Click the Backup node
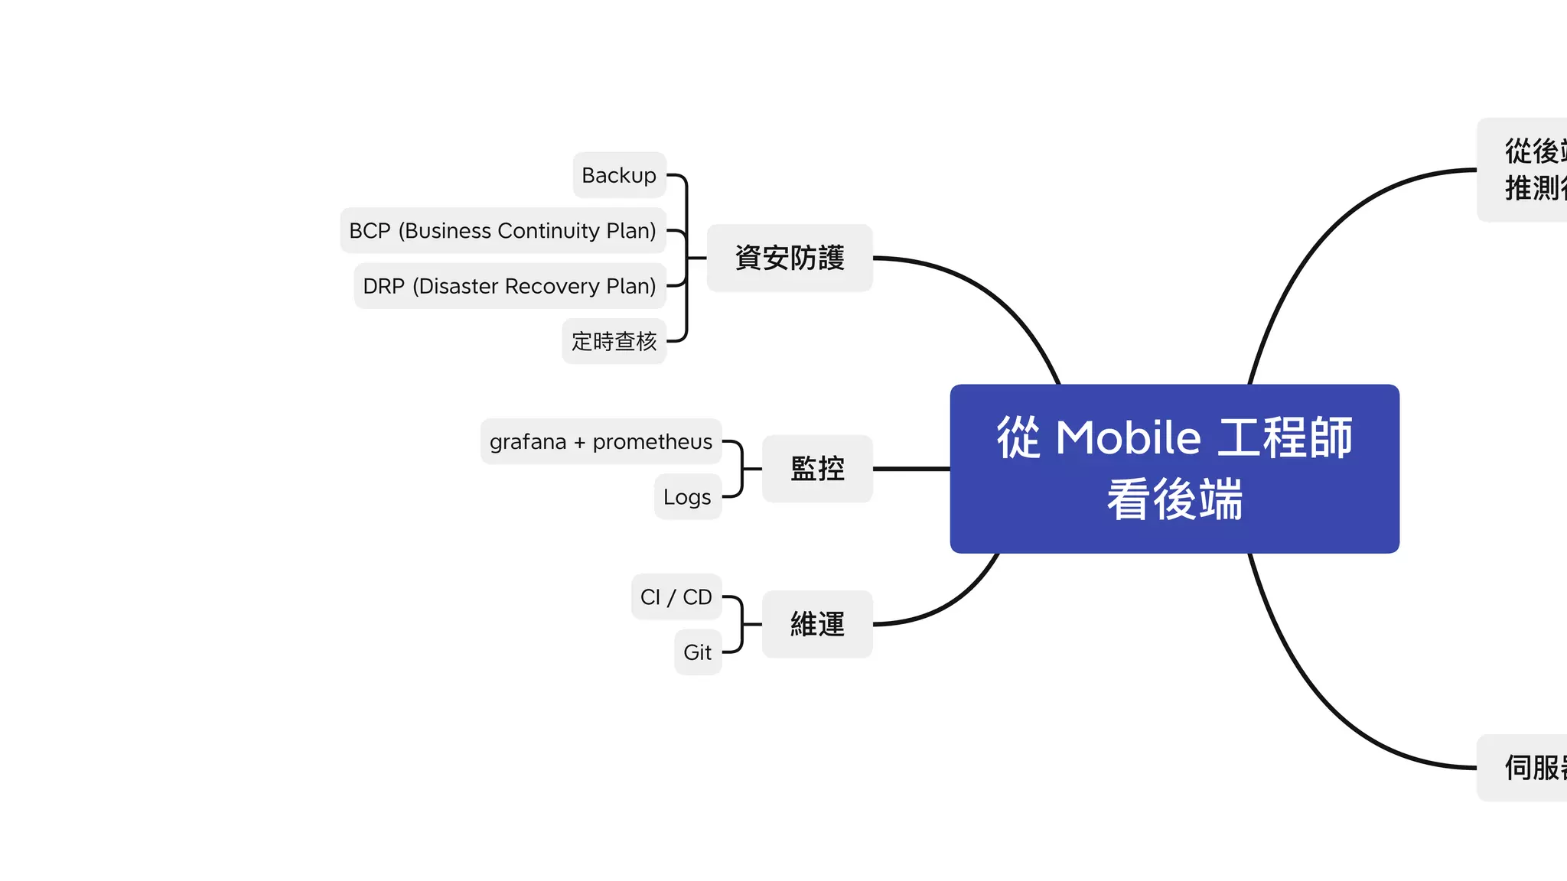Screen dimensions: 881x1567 [x=619, y=175]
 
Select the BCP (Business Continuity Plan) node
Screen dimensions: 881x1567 [x=503, y=230]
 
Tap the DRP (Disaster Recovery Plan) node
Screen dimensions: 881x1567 [x=510, y=286]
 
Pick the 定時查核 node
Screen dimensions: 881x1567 [x=614, y=341]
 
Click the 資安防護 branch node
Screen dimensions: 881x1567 [x=790, y=258]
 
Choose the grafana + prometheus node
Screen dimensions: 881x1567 [x=601, y=441]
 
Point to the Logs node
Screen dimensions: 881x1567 [x=687, y=497]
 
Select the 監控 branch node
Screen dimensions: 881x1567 [x=817, y=469]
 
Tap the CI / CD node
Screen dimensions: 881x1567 [x=676, y=597]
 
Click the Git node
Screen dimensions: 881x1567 [x=697, y=652]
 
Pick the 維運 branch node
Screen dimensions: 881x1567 [x=817, y=624]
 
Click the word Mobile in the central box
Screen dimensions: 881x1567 [x=1129, y=437]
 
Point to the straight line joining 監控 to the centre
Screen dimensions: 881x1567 [x=911, y=469]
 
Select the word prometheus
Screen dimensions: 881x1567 [x=652, y=441]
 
